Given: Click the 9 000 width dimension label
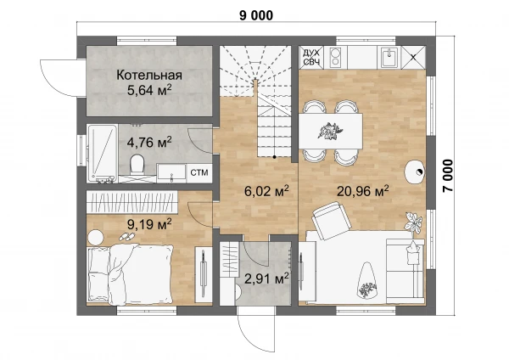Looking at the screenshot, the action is tap(256, 15).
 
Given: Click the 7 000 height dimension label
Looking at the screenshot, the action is tap(448, 176).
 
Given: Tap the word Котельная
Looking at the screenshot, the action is tap(149, 75).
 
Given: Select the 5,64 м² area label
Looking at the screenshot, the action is tap(149, 90).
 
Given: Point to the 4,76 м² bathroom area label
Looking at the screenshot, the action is tap(149, 143).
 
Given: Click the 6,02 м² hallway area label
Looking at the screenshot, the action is tap(266, 191).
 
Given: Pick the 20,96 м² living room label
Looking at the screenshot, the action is tap(362, 191).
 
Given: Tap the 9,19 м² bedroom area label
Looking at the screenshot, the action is tap(149, 224).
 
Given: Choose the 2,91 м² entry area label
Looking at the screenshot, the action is tap(266, 278).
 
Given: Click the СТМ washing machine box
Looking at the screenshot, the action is tap(199, 173).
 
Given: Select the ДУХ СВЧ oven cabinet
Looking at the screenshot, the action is tap(311, 57).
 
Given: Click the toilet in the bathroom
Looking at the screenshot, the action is tap(137, 165).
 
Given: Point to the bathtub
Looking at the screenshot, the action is tap(102, 154).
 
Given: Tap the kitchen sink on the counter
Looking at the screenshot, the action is tap(389, 58).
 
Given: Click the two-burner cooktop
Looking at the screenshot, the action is tap(335, 57).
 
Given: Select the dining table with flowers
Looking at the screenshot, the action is tap(331, 131).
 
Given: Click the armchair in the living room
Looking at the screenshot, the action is tap(332, 220).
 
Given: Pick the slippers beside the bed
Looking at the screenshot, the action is tap(127, 237).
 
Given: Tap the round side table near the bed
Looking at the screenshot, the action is tap(95, 238).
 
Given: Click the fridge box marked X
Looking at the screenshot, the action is tap(413, 58).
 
